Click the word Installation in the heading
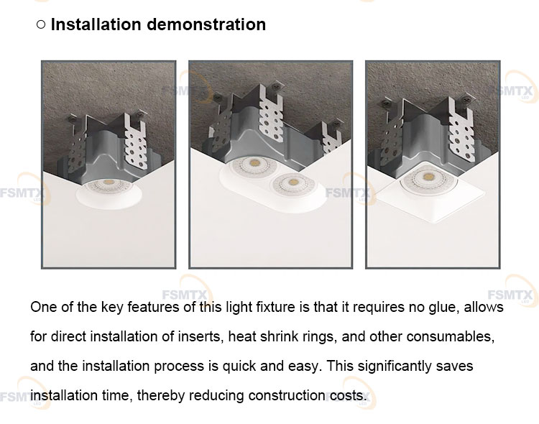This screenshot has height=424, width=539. tap(96, 24)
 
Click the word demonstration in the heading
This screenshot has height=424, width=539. tap(206, 24)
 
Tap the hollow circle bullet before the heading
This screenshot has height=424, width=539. tap(40, 24)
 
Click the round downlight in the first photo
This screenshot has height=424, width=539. tap(109, 193)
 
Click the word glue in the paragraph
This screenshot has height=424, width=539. tap(443, 308)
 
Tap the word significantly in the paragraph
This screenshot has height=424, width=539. tap(395, 367)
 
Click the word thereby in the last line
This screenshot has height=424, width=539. tap(161, 396)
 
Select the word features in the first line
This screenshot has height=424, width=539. tap(153, 308)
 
